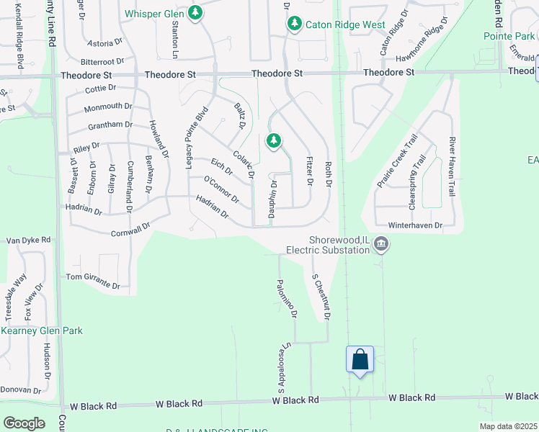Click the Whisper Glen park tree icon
tap(195, 13)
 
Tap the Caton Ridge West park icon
tap(294, 24)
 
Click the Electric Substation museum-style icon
tap(381, 246)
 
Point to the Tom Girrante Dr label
tap(92, 281)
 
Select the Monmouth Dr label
tap(108, 107)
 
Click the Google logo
tap(24, 423)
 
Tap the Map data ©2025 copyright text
tap(508, 426)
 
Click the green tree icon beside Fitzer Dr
tap(273, 140)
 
